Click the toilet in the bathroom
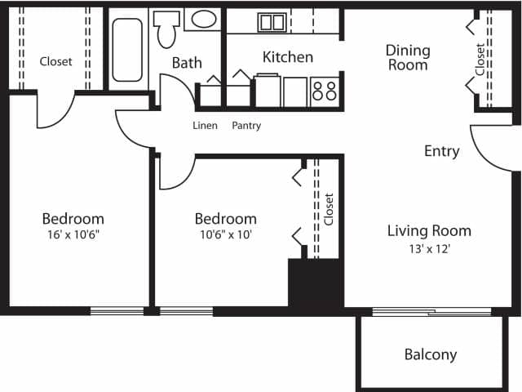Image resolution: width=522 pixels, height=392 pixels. (x=167, y=32)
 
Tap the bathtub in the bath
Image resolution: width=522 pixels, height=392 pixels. (x=127, y=50)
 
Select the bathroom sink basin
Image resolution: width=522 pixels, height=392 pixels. (x=203, y=19)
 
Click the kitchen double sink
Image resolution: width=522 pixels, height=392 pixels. (x=272, y=22)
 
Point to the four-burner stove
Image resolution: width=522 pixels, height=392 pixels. (x=324, y=89)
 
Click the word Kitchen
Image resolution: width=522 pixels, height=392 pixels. (x=287, y=56)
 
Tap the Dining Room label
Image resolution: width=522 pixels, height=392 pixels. (x=408, y=57)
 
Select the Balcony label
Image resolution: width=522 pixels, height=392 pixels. (x=430, y=354)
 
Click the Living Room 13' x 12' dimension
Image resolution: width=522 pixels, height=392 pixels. (x=429, y=249)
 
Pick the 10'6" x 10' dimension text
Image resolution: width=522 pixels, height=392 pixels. (x=225, y=235)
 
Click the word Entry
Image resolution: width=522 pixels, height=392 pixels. (x=441, y=151)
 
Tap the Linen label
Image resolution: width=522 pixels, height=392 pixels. (x=205, y=126)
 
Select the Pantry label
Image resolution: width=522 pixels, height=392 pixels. (x=246, y=126)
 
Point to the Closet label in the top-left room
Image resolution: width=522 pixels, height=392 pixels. (x=55, y=61)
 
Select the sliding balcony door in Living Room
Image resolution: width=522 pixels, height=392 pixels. (x=431, y=311)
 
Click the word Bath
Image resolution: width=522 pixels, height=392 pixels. (x=186, y=62)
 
